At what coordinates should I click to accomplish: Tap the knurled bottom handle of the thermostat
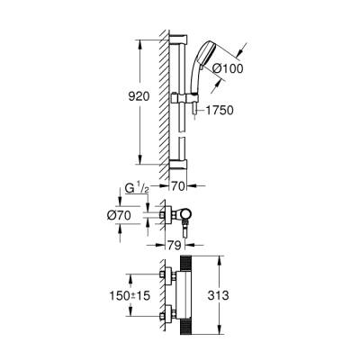[187, 328]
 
